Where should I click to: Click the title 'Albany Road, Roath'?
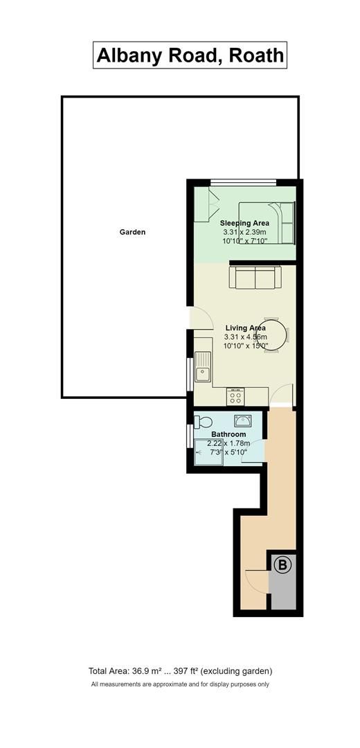tap(190, 55)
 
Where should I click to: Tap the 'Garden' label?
tap(132, 232)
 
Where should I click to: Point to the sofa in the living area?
tap(255, 278)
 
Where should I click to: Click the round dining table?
tap(273, 335)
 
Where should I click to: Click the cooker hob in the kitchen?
tap(236, 396)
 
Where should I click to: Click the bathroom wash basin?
tap(242, 420)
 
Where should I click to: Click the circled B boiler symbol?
tap(282, 566)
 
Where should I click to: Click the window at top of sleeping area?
tap(244, 182)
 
